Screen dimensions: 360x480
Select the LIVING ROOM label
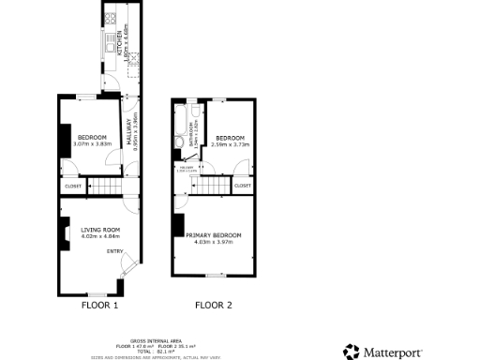pyautogui.click(x=98, y=230)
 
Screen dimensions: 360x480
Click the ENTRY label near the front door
pyautogui.click(x=114, y=251)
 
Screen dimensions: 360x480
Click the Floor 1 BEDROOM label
pyautogui.click(x=92, y=137)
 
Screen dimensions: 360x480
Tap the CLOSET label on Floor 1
pyautogui.click(x=73, y=187)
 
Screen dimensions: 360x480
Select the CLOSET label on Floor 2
pyautogui.click(x=242, y=186)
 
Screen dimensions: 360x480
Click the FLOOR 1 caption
pyautogui.click(x=100, y=305)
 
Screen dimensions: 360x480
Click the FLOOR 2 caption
pyautogui.click(x=213, y=305)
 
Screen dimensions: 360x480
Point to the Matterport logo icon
pyautogui.click(x=351, y=352)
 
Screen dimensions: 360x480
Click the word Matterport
pyautogui.click(x=393, y=352)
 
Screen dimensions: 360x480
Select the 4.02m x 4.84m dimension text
pyautogui.click(x=98, y=236)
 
